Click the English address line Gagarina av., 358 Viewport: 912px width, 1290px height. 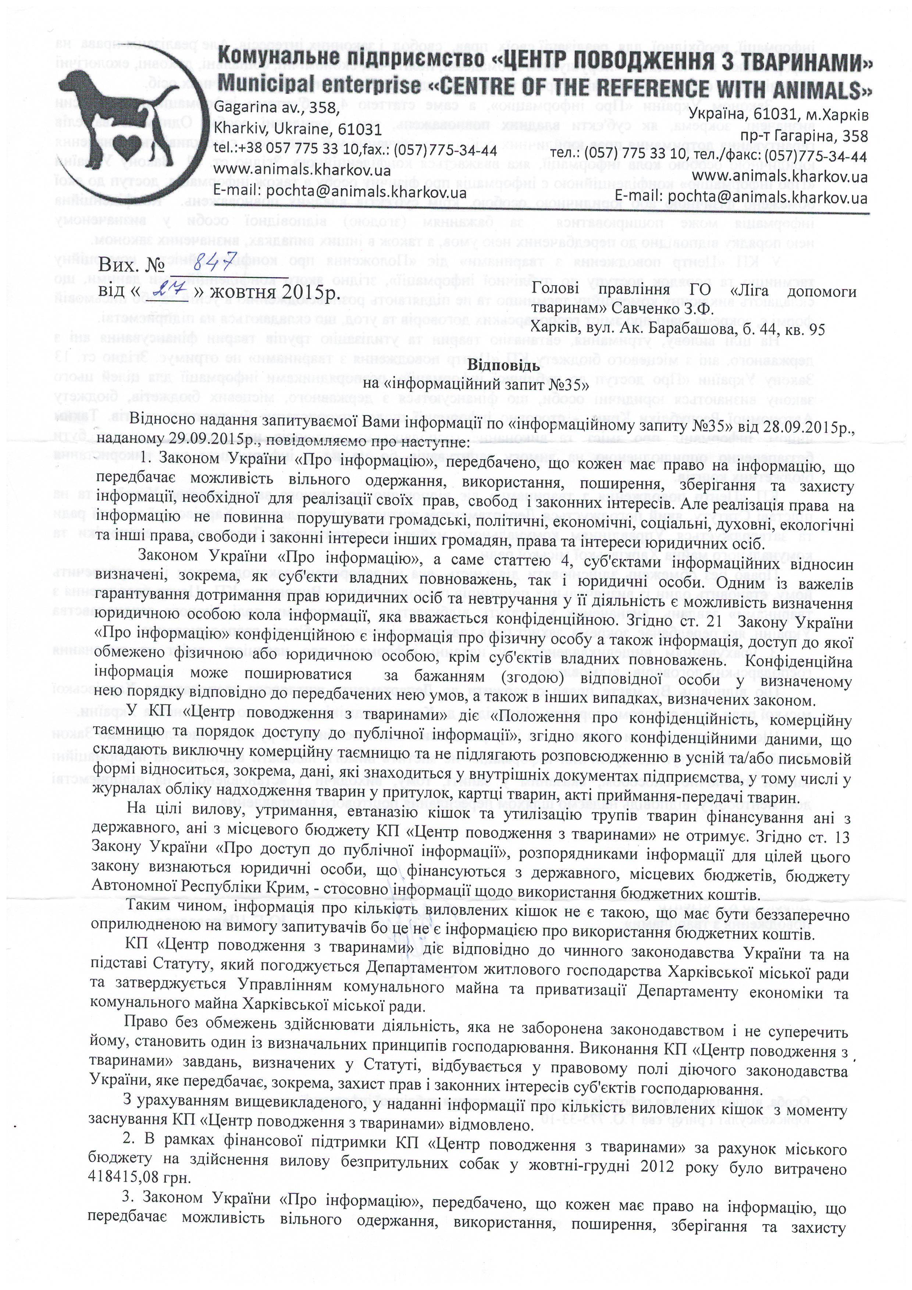point(277,108)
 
